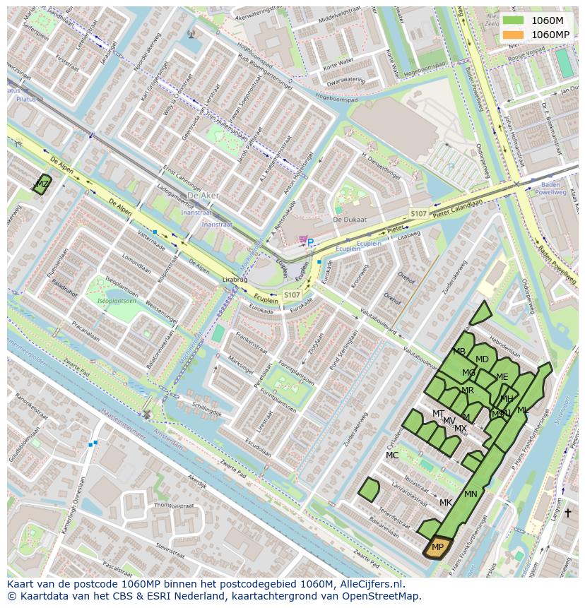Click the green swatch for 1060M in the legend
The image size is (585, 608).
514,20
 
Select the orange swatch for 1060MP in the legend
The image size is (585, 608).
514,35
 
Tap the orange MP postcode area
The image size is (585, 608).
437,548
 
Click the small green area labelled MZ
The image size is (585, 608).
42,184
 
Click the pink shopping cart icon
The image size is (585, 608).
302,239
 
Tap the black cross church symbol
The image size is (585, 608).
567,513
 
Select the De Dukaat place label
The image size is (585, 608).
350,220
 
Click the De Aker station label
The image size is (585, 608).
203,196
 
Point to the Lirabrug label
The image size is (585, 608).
235,280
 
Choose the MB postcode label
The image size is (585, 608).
459,352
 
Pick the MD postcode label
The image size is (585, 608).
482,359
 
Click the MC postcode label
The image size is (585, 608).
392,455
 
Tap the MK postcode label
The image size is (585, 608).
445,503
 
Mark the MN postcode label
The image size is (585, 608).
471,494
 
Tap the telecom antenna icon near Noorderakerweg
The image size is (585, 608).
190,33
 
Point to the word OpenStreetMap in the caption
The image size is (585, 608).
384,596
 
